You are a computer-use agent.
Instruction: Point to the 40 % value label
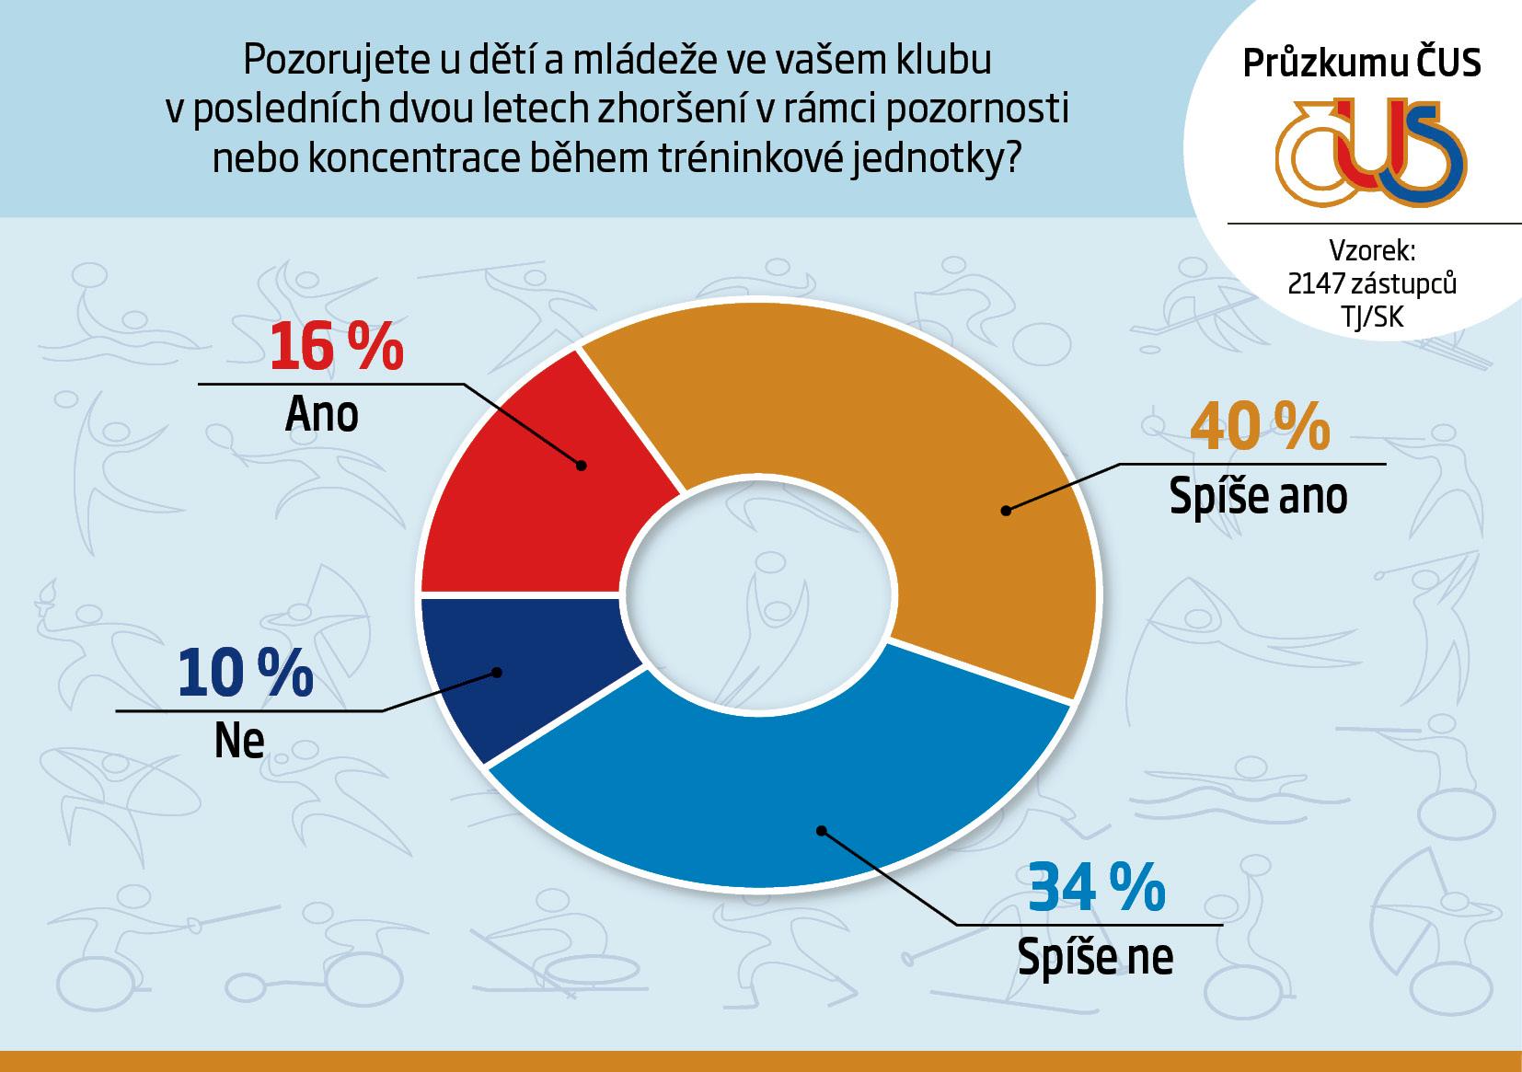[1260, 428]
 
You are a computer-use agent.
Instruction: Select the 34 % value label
[1095, 889]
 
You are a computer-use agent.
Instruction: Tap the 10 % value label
[245, 673]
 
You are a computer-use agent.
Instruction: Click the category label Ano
[321, 415]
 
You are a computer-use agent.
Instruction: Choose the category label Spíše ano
[1258, 497]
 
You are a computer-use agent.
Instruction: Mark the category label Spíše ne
[1095, 957]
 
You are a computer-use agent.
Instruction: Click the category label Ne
[239, 741]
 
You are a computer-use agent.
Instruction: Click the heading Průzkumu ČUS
[1362, 63]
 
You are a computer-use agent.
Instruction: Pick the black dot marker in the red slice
[582, 466]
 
